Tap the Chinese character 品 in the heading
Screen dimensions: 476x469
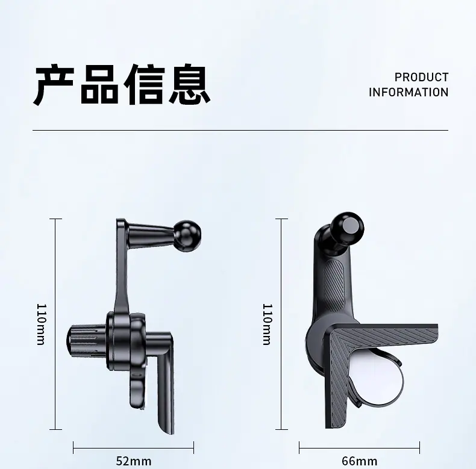(x=99, y=84)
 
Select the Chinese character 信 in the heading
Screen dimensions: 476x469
(x=144, y=84)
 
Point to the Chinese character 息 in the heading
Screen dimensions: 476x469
(x=189, y=84)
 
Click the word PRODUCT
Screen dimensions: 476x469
(x=421, y=77)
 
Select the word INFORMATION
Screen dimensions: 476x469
(x=409, y=92)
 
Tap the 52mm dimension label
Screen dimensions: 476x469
(x=134, y=461)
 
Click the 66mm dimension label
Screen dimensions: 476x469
(x=360, y=461)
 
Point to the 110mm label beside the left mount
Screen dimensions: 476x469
(x=41, y=325)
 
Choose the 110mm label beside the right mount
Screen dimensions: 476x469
(x=267, y=325)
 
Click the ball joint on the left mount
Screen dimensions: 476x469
(x=187, y=236)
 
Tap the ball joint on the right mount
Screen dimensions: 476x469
(x=347, y=229)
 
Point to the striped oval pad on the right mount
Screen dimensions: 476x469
(x=334, y=283)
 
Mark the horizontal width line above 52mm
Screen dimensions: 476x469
(x=134, y=448)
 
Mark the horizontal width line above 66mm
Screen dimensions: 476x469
(x=360, y=448)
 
